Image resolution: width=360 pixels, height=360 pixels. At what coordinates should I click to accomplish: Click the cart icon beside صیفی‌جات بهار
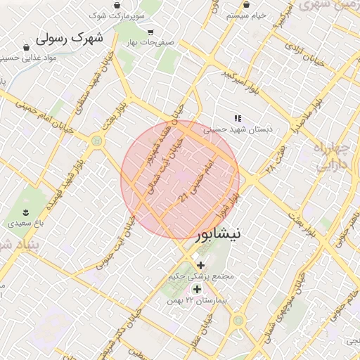pos(150,32)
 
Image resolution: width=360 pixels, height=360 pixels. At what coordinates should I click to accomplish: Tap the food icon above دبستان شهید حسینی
pos(238,118)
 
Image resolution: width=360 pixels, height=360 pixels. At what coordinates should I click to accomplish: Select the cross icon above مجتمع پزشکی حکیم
pos(201,264)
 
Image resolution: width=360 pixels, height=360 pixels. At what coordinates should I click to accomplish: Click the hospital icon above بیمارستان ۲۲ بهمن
pos(197,288)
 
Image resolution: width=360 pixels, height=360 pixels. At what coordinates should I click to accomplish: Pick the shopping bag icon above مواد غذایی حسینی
pos(27,48)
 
